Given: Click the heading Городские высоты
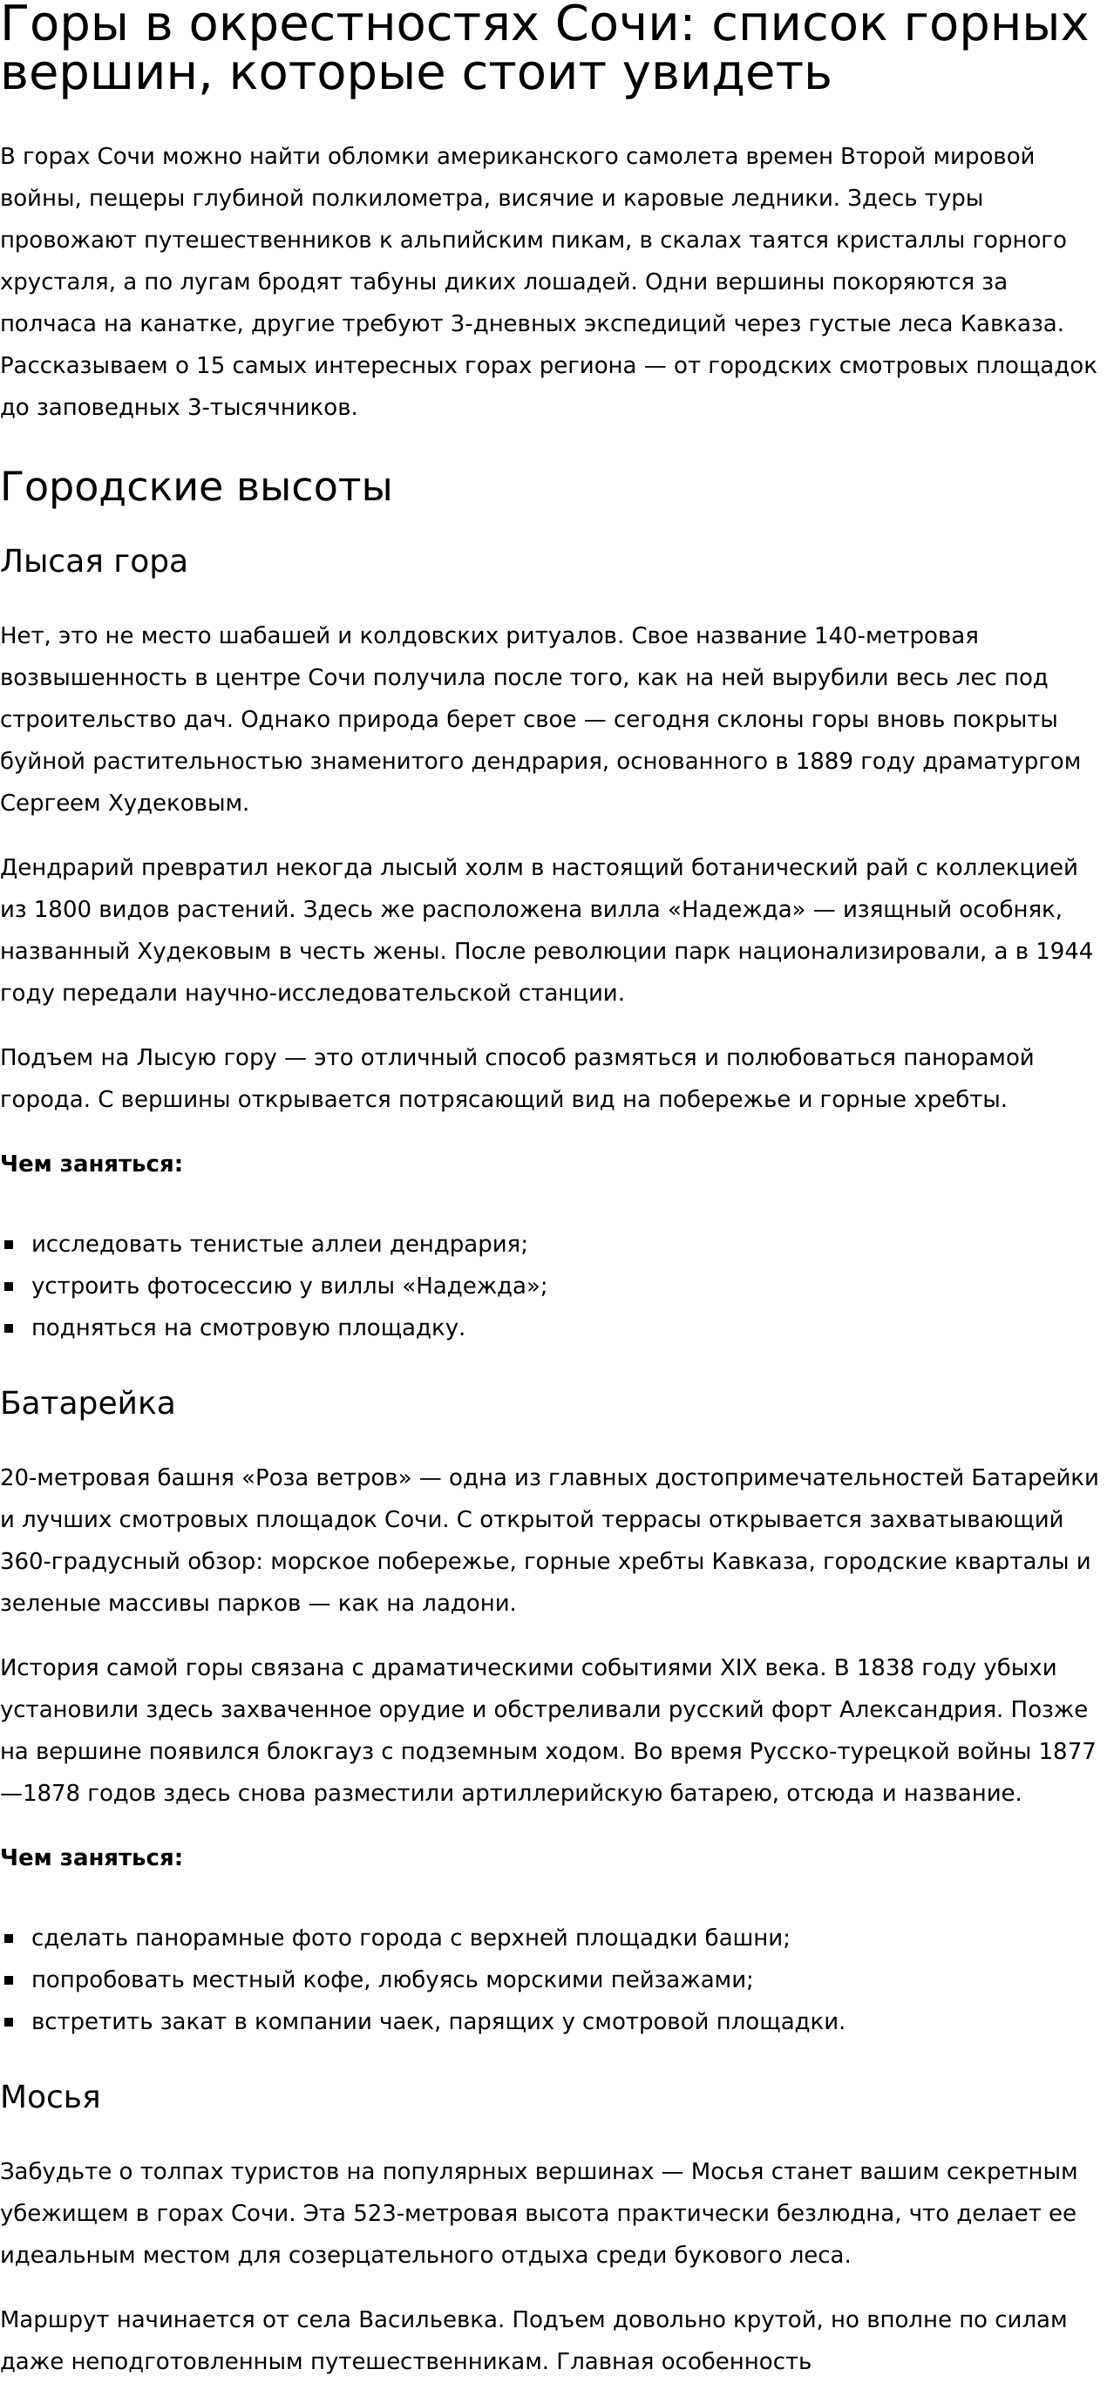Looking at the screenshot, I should (196, 487).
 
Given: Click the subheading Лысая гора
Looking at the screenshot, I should (93, 561).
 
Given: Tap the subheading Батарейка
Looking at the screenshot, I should (88, 1403).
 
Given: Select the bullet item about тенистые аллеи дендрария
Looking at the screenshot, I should (279, 1244).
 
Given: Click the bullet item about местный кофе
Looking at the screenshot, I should (392, 1979).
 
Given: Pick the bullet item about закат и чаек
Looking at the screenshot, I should (438, 2021).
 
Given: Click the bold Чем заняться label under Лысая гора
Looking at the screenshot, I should (92, 1164).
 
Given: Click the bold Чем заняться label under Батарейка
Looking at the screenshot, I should (92, 1857).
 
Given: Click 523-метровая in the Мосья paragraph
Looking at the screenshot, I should (429, 2214).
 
